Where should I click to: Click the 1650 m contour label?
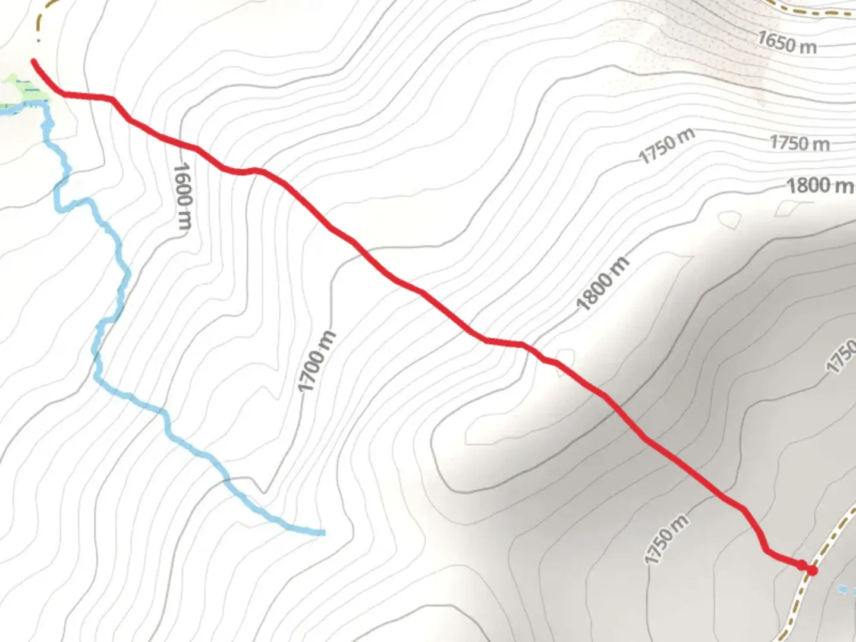point(786,42)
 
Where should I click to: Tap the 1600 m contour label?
point(182,196)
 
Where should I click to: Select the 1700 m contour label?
point(317,362)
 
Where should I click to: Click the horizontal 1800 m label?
point(820,185)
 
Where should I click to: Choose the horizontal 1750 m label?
point(800,143)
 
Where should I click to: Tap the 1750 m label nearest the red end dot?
point(666,539)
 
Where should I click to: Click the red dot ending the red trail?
point(811,570)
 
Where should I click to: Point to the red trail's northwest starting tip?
point(34,61)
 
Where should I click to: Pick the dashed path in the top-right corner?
point(820,10)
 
